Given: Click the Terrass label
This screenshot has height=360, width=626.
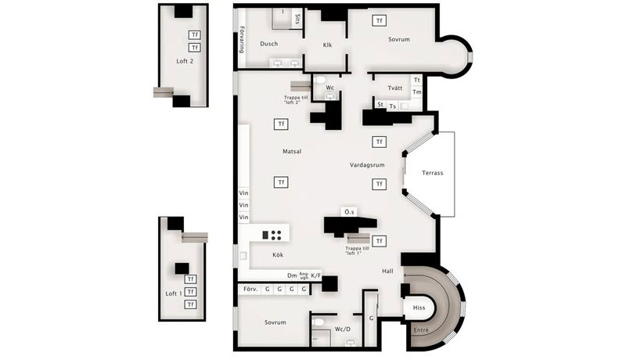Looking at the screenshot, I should [x=433, y=173].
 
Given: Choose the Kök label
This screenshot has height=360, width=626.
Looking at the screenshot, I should [x=278, y=255].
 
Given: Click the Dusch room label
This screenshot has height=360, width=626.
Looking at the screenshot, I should [x=269, y=44].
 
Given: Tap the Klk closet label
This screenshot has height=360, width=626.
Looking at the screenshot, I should [x=328, y=45].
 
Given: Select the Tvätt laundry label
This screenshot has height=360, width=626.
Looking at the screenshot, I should [x=394, y=88].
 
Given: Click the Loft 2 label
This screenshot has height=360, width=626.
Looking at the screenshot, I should [x=185, y=60].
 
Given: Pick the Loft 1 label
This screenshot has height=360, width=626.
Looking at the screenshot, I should [x=174, y=293].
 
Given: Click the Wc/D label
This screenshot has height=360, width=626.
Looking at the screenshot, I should [x=343, y=329].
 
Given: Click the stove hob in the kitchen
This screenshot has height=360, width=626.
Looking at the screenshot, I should [x=275, y=234].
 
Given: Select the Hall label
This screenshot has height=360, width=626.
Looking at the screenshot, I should [x=387, y=271].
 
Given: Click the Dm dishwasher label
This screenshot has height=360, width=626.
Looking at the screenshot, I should [x=292, y=275].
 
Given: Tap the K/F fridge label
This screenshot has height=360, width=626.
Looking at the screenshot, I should [x=316, y=275].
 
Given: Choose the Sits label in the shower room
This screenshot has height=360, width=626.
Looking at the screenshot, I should [x=297, y=19].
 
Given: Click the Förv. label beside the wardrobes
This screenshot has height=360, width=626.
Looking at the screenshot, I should [x=250, y=290].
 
